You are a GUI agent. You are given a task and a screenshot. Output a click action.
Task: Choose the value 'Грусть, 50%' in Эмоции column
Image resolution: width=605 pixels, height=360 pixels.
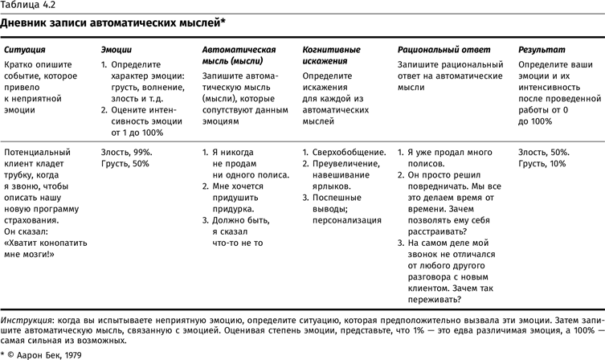125,163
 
